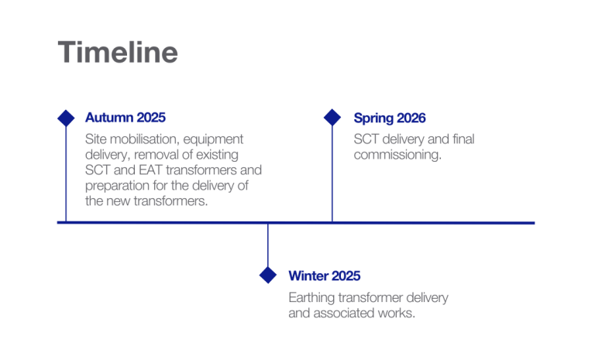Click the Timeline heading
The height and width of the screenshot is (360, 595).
(118, 53)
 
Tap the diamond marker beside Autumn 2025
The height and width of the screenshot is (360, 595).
(66, 118)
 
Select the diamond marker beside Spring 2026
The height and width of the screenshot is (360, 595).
(332, 118)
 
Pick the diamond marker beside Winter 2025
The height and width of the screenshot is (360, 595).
(267, 275)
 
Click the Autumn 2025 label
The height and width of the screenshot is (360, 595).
(125, 118)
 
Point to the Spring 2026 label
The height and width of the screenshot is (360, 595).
(390, 118)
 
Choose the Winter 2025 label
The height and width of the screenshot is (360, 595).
(325, 276)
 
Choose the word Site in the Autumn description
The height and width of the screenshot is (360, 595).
(95, 140)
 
